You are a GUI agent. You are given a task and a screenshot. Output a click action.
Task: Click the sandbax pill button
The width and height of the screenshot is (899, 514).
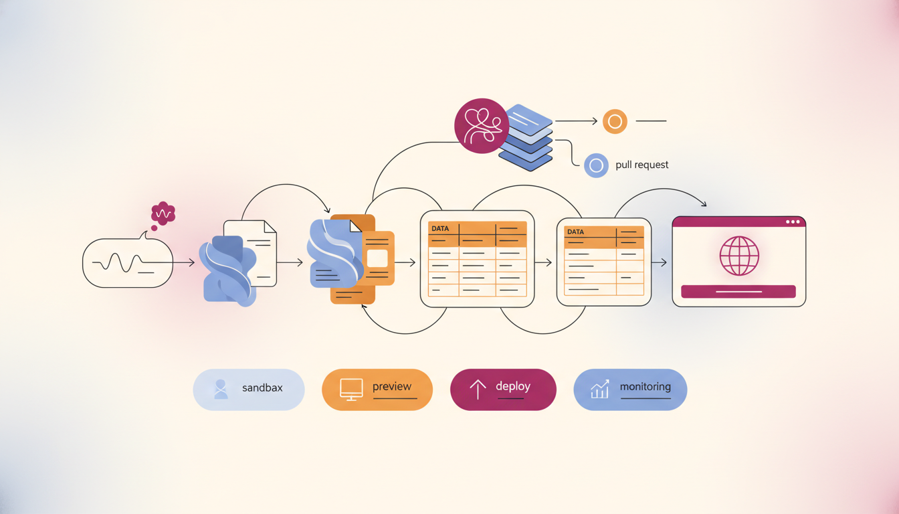tap(249, 390)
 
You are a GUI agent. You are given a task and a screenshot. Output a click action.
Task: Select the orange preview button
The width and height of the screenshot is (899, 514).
tap(377, 390)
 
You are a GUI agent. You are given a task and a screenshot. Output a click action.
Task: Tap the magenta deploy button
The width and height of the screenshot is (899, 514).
tap(503, 390)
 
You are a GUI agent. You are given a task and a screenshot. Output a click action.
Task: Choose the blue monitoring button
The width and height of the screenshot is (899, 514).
tap(631, 390)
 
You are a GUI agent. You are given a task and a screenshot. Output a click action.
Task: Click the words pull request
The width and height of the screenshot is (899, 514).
tap(641, 165)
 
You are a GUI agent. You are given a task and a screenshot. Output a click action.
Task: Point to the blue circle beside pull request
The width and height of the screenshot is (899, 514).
tap(596, 165)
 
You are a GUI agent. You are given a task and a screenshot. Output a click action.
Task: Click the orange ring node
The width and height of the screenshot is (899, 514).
tap(615, 121)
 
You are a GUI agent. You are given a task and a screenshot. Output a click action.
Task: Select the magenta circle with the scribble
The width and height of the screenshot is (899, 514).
tap(482, 126)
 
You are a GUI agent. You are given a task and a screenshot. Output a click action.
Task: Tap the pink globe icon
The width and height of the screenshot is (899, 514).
tap(739, 256)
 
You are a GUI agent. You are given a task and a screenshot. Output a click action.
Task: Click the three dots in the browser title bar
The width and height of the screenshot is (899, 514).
tap(793, 222)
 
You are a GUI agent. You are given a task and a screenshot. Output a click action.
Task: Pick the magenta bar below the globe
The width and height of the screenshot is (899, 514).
tap(738, 292)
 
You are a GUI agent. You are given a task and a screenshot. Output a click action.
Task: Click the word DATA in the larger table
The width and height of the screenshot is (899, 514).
tap(440, 228)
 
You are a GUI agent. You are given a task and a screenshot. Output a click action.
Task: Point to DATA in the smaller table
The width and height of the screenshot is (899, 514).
tap(575, 232)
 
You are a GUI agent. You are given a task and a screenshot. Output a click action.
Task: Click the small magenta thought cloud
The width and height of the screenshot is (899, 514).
tap(163, 213)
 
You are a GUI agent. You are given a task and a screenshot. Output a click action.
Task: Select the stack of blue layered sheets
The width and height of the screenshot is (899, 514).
tap(526, 137)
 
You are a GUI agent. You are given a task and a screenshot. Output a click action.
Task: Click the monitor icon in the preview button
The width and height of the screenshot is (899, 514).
tap(351, 389)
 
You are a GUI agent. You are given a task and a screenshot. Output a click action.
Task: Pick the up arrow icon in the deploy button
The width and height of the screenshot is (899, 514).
tap(478, 390)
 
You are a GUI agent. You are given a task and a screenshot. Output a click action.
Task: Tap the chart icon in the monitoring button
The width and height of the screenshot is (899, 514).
tap(600, 389)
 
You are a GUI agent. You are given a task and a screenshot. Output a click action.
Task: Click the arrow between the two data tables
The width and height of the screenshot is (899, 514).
tap(543, 262)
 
